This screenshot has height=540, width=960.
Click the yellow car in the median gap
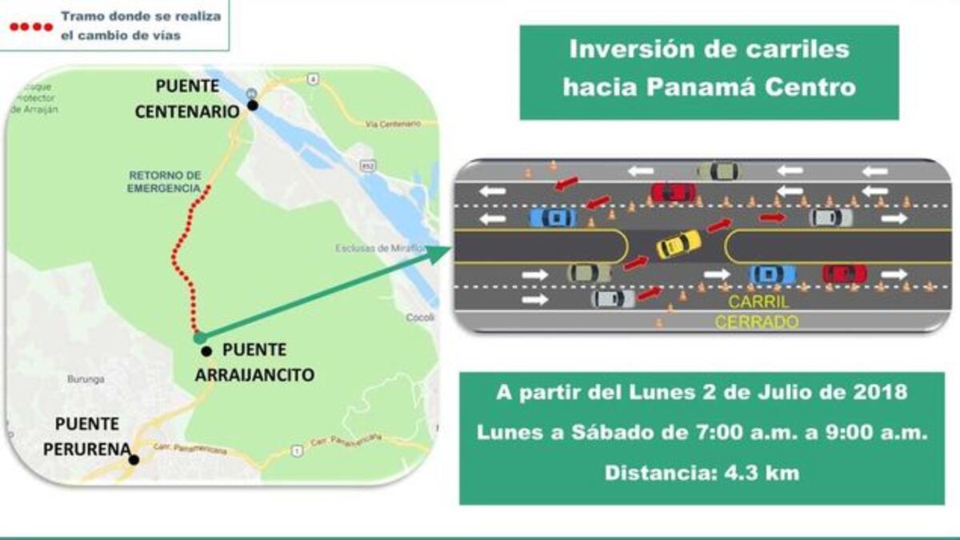pyautogui.click(x=679, y=244)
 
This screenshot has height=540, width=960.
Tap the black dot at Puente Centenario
pyautogui.click(x=253, y=105)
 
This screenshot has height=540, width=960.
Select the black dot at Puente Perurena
pyautogui.click(x=134, y=459)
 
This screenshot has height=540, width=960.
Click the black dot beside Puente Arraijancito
pyautogui.click(x=206, y=351)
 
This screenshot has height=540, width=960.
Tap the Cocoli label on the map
pyautogui.click(x=419, y=317)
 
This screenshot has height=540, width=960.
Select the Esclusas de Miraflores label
pyautogui.click(x=379, y=248)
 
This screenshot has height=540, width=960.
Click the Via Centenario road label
pyautogui.click(x=392, y=124)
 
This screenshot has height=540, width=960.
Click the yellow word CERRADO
pyautogui.click(x=756, y=322)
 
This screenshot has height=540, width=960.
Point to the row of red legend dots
pyautogui.click(x=30, y=26)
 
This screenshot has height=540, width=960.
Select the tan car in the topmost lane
pyautogui.click(x=718, y=170)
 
